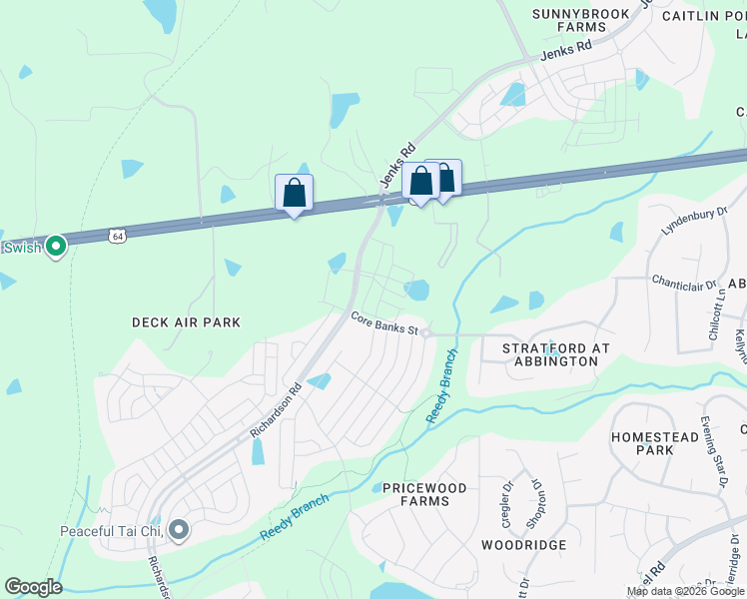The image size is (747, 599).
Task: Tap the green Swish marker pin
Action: (56, 244)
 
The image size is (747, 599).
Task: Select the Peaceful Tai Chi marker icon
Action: (179, 530)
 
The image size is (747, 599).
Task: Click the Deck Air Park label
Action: (187, 322)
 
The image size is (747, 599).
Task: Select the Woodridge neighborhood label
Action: (523, 545)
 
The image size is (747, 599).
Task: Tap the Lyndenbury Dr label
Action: (689, 226)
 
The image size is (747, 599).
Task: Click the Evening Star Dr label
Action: (714, 453)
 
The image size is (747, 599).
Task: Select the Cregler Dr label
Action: (508, 505)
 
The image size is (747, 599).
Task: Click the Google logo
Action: (33, 587)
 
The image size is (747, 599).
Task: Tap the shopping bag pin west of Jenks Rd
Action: (295, 192)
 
